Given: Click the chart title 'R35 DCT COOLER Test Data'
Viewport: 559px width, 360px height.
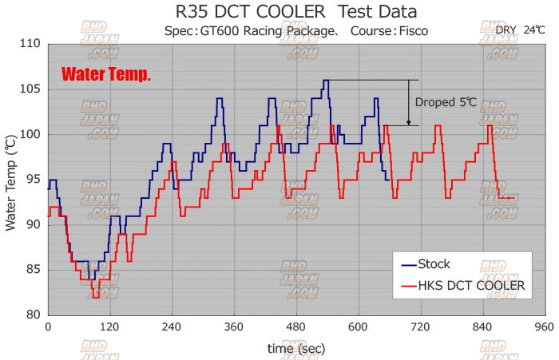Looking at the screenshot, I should [295, 12].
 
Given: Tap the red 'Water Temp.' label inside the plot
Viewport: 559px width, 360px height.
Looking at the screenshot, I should [106, 76].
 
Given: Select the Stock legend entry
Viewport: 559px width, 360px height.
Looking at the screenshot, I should [434, 264].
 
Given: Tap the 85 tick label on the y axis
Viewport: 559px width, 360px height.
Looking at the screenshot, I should [33, 269].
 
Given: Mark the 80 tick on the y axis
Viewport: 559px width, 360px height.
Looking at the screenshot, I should [33, 315].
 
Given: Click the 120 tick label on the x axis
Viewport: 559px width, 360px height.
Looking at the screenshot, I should [109, 327].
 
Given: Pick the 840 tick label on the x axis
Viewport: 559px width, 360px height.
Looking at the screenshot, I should [482, 327].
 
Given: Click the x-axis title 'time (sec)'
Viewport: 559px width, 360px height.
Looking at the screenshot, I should [296, 348].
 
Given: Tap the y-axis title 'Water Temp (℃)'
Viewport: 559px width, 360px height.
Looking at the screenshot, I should [11, 184].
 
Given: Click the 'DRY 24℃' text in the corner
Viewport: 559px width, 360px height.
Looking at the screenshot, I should [519, 30].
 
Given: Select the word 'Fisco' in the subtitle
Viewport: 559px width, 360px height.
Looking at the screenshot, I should [411, 31].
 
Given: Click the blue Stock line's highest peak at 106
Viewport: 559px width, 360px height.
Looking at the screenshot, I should [326, 81].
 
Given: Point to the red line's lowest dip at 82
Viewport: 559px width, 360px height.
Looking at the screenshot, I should [96, 297].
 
